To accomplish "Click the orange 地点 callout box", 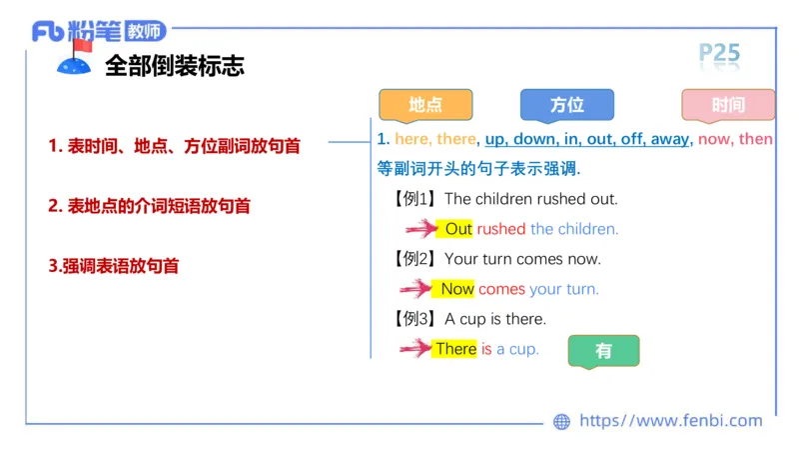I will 425,105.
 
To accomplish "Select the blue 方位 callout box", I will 566,105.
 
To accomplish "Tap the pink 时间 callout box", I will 728,105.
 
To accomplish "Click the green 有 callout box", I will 603,351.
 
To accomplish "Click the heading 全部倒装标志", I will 175,66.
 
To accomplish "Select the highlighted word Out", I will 458,229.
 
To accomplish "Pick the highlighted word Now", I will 457,289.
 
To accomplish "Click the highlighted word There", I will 455,349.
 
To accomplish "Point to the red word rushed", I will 500,229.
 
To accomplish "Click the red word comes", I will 501,289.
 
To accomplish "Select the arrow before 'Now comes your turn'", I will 417,289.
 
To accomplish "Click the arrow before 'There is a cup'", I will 414,349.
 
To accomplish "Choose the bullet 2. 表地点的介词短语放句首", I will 149,206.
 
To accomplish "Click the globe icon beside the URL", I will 561,422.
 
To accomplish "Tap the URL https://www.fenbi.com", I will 670,421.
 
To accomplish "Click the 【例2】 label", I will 415,259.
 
